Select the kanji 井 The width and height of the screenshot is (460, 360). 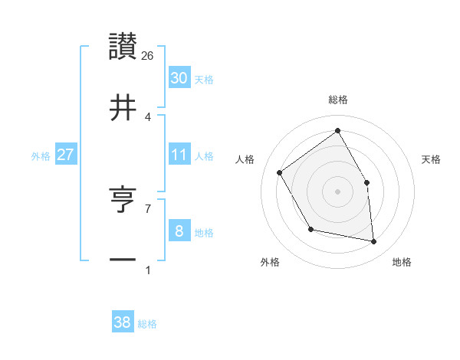[123, 106]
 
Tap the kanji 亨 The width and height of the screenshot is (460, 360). [123, 198]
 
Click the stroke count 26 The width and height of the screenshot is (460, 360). [148, 55]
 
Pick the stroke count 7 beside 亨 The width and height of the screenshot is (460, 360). [148, 208]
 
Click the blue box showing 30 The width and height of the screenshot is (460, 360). [179, 78]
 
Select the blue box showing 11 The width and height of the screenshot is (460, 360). [179, 155]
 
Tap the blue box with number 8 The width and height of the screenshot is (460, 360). [179, 231]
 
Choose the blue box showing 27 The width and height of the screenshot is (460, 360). [65, 155]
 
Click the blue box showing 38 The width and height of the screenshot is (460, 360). [122, 322]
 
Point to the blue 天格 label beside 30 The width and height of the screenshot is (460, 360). [204, 80]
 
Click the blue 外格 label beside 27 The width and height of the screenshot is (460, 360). [41, 156]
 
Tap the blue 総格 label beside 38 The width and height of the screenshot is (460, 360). [147, 324]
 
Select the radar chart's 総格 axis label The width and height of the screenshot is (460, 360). [337, 100]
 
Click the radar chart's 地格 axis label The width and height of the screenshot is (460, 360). [402, 263]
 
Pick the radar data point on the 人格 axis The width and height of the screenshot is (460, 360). [280, 172]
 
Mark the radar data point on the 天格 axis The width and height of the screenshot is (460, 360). [366, 182]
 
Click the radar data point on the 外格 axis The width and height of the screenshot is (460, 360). [310, 228]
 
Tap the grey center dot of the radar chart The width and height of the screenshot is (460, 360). [337, 191]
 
